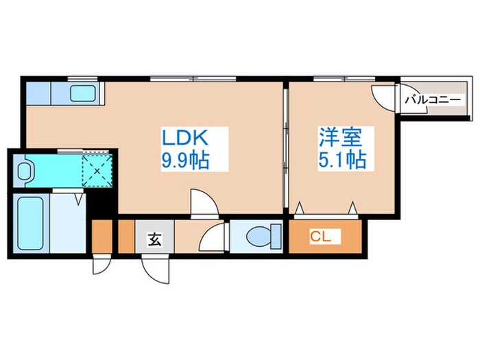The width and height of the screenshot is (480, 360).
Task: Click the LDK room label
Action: click(x=184, y=137)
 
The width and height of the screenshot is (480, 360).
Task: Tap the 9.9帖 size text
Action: click(x=184, y=161)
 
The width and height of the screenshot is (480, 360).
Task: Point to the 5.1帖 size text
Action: click(x=341, y=160)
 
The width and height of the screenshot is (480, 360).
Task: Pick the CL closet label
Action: click(x=320, y=237)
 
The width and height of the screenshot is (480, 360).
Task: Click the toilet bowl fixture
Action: click(x=261, y=237)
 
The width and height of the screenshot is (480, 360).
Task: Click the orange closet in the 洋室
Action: click(x=324, y=237)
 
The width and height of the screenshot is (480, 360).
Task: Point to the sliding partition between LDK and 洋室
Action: click(x=285, y=147)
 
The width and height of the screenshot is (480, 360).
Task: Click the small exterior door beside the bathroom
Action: click(x=101, y=265)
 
